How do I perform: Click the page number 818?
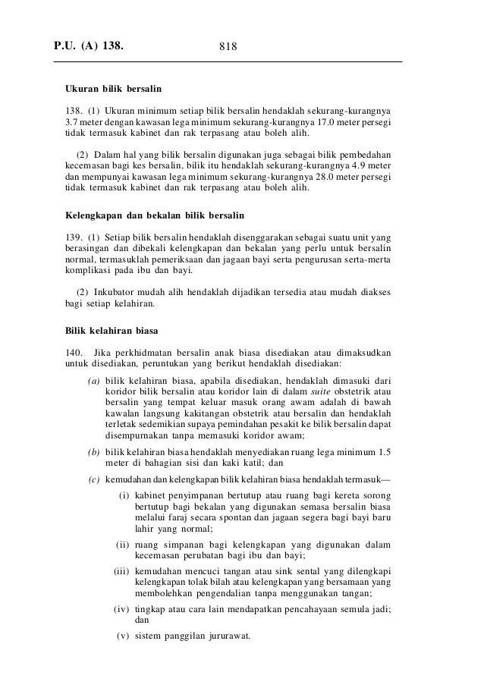click(229, 48)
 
